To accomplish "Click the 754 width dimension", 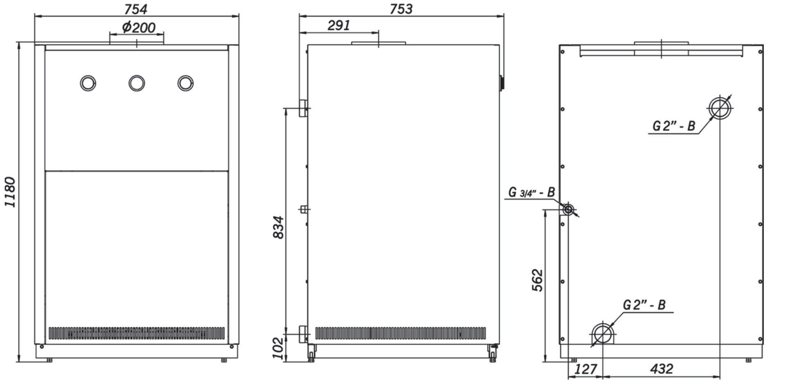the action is tap(136, 9).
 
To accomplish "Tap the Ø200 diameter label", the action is tap(139, 27).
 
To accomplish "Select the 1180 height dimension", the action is tap(10, 192).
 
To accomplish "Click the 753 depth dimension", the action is tap(401, 9).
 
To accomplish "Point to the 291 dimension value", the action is tap(339, 25).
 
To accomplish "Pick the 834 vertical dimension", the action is tap(278, 227).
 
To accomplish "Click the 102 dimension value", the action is tap(278, 348).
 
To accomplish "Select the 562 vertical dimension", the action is tap(538, 280).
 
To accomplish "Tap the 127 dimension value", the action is tap(586, 369).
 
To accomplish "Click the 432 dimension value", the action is tap(662, 369).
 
